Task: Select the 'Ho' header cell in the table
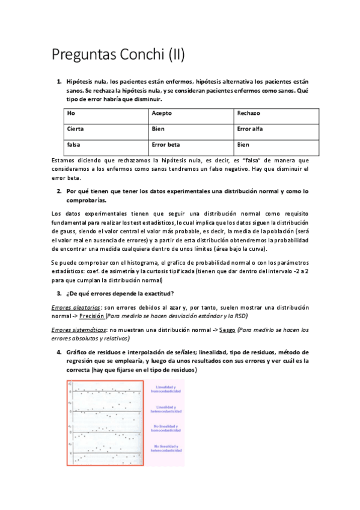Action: (71, 113)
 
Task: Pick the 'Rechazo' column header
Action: (248, 113)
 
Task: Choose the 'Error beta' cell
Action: (166, 144)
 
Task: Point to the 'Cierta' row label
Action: (75, 129)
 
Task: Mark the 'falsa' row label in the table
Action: (73, 144)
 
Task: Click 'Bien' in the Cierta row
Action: (158, 129)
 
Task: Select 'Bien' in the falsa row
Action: (243, 144)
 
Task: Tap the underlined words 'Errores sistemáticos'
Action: (75, 330)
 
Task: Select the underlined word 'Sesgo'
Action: (227, 330)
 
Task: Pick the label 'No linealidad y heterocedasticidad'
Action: (168, 449)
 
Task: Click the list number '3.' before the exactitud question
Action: (59, 293)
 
